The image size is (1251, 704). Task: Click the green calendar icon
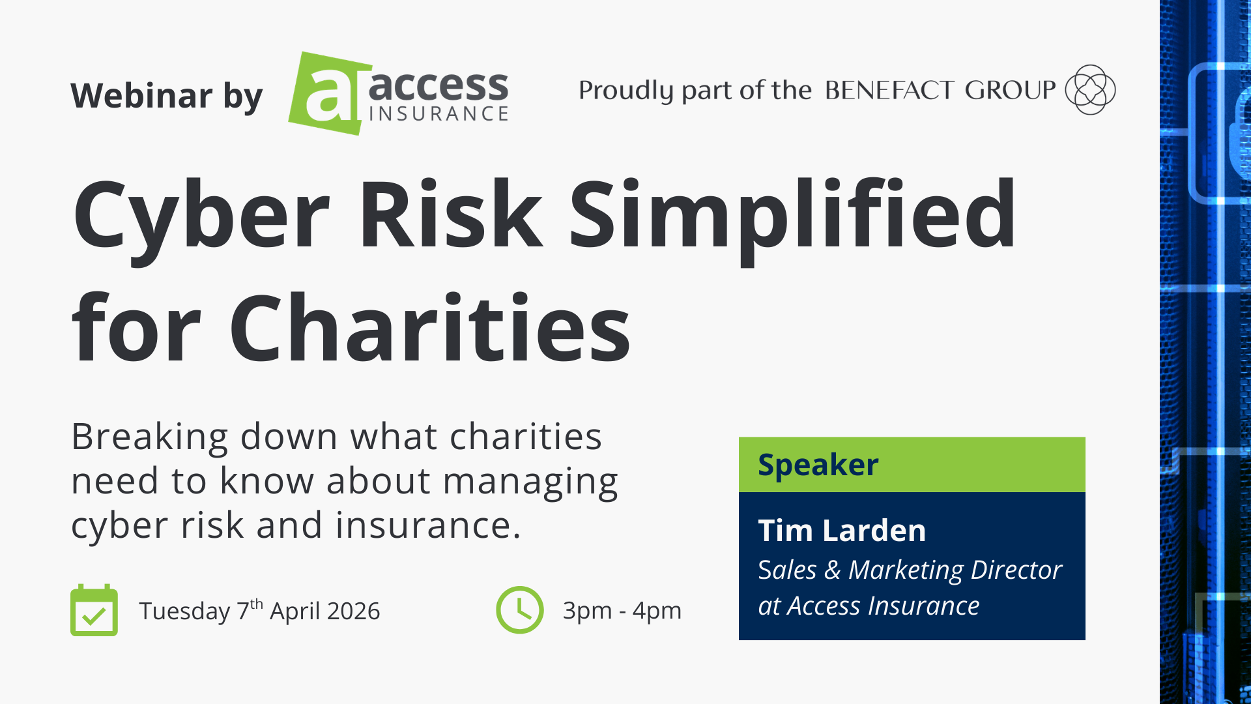pyautogui.click(x=94, y=610)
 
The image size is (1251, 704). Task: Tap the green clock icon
pyautogui.click(x=519, y=610)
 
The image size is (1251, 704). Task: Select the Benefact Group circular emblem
pyautogui.click(x=1089, y=90)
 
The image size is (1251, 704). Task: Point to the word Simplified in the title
pyautogui.click(x=792, y=215)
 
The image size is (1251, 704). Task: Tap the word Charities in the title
pyautogui.click(x=430, y=328)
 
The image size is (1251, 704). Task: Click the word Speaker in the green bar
pyautogui.click(x=818, y=465)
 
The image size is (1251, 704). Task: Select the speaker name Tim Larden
pyautogui.click(x=842, y=531)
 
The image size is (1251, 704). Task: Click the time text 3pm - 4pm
pyautogui.click(x=622, y=611)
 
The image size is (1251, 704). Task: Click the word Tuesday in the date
pyautogui.click(x=184, y=611)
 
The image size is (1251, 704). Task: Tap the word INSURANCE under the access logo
pyautogui.click(x=439, y=114)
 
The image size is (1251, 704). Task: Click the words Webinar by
pyautogui.click(x=167, y=96)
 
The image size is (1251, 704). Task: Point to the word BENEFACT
pyautogui.click(x=889, y=90)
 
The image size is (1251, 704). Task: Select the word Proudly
pyautogui.click(x=625, y=91)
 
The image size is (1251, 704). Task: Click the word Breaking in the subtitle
pyautogui.click(x=150, y=436)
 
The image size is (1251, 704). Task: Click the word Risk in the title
pyautogui.click(x=450, y=215)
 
